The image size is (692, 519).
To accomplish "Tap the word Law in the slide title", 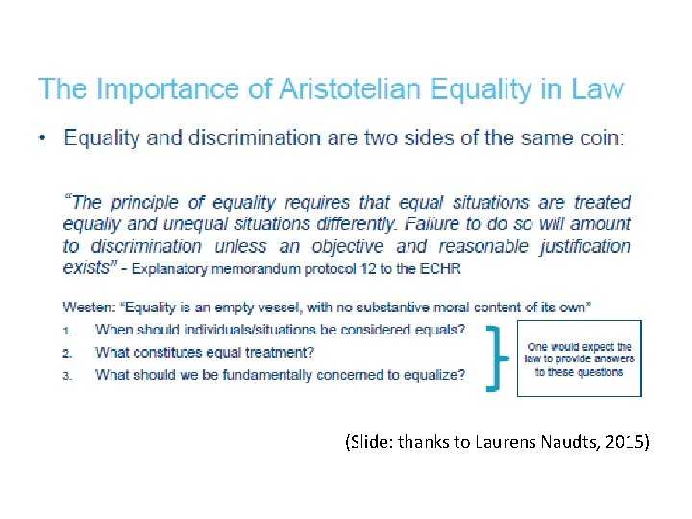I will click(x=597, y=91).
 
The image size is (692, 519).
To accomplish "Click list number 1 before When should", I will click(x=68, y=330).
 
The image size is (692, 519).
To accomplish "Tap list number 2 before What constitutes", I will click(x=68, y=353).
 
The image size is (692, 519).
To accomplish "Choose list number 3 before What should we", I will click(x=68, y=376).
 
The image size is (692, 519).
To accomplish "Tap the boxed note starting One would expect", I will click(x=579, y=358).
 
